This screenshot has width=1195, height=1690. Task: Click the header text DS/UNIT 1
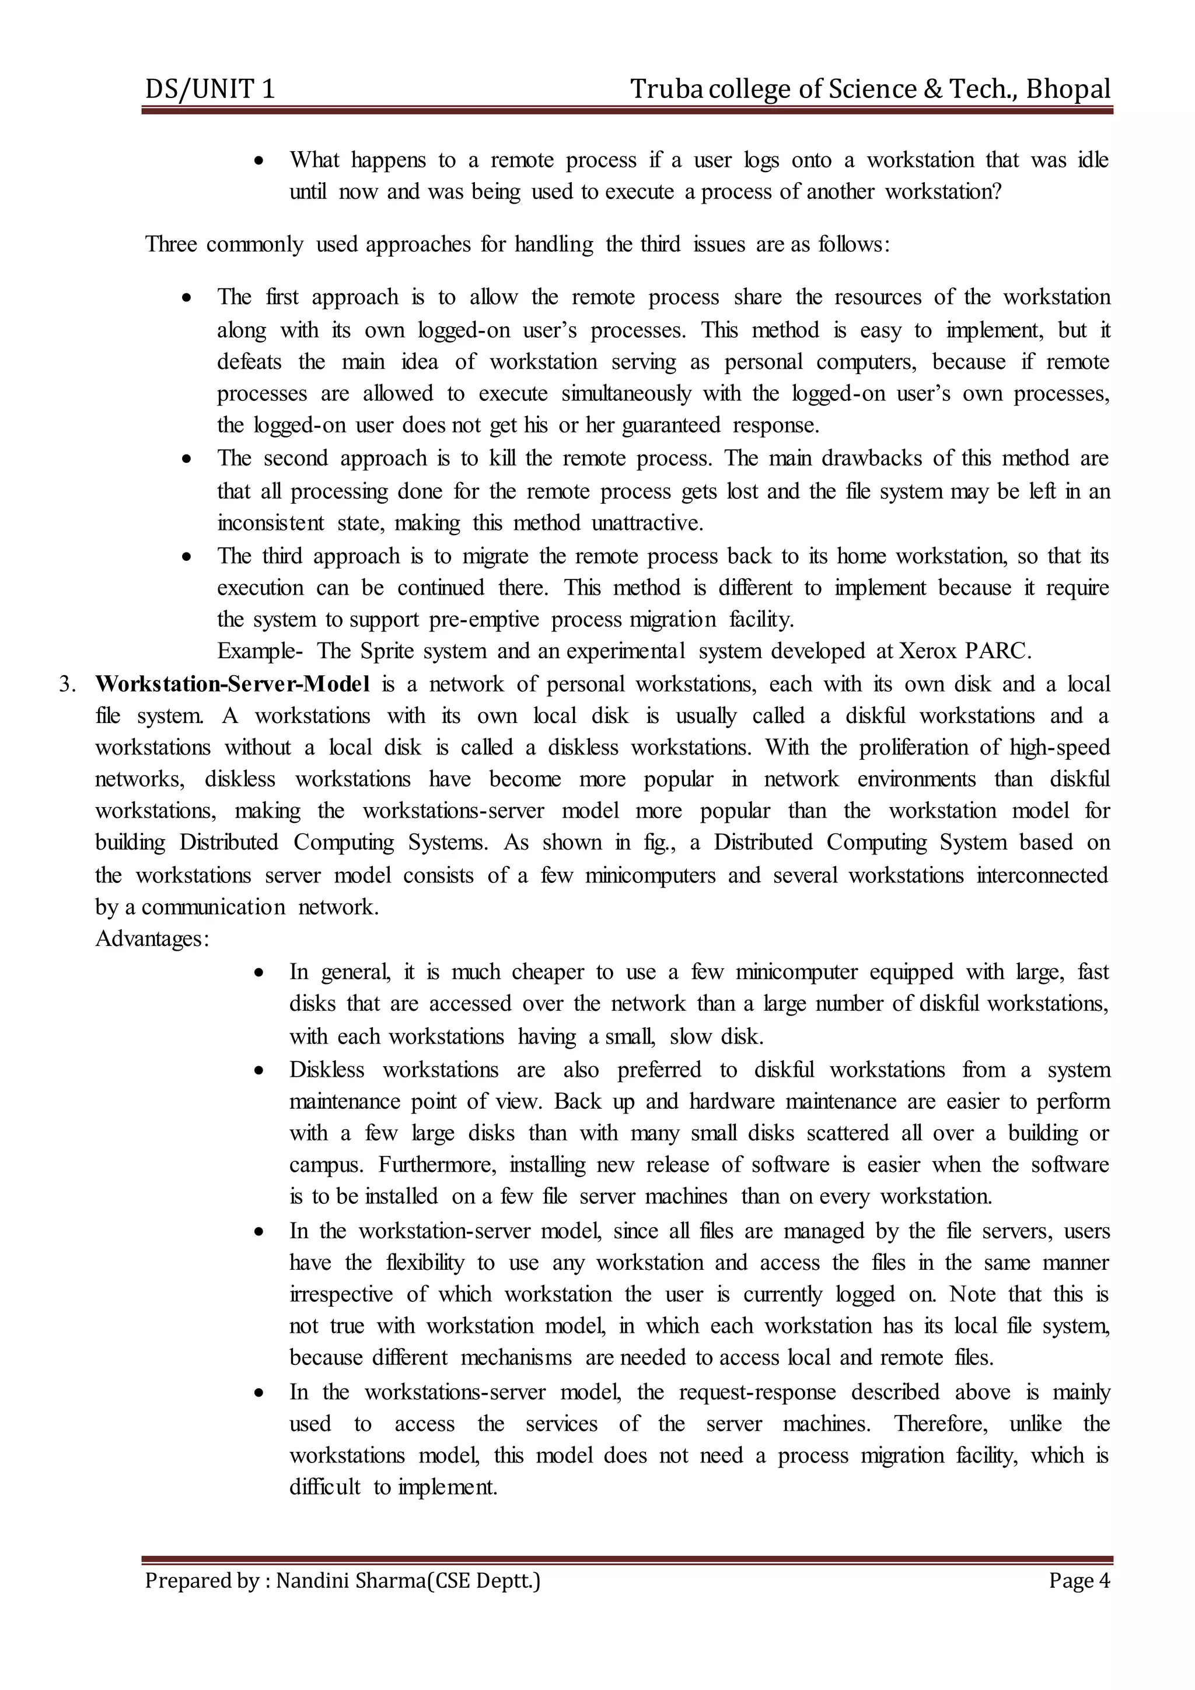209,90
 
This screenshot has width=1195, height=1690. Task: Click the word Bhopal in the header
1068,90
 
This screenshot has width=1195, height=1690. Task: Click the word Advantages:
152,939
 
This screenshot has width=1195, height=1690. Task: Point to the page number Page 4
1079,1580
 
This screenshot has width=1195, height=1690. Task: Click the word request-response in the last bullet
757,1392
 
